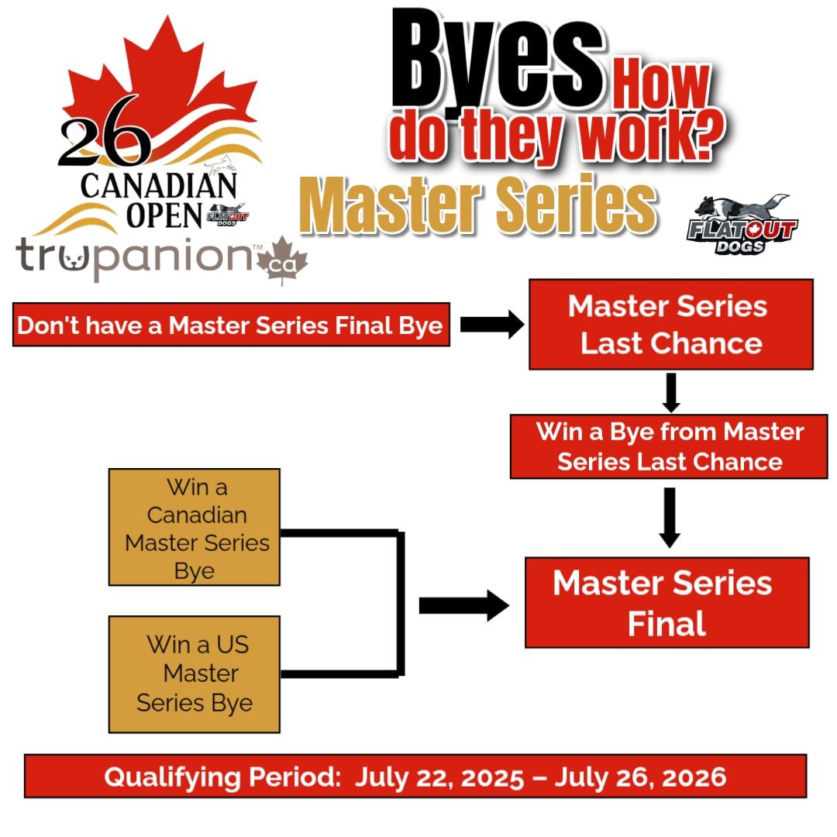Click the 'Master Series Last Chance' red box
(671, 324)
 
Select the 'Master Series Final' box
(667, 603)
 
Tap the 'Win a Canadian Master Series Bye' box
(195, 528)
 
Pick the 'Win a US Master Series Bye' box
(195, 674)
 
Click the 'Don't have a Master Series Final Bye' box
(231, 325)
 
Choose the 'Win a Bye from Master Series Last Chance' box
(669, 446)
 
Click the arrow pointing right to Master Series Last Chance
(492, 325)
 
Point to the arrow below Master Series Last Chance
(671, 392)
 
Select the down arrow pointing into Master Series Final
(670, 518)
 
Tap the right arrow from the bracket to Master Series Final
(464, 606)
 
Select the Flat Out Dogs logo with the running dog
(742, 224)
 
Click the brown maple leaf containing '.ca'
(282, 260)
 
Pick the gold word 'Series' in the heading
(576, 205)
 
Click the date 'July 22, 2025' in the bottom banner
(439, 777)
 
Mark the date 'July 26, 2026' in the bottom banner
(641, 777)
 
